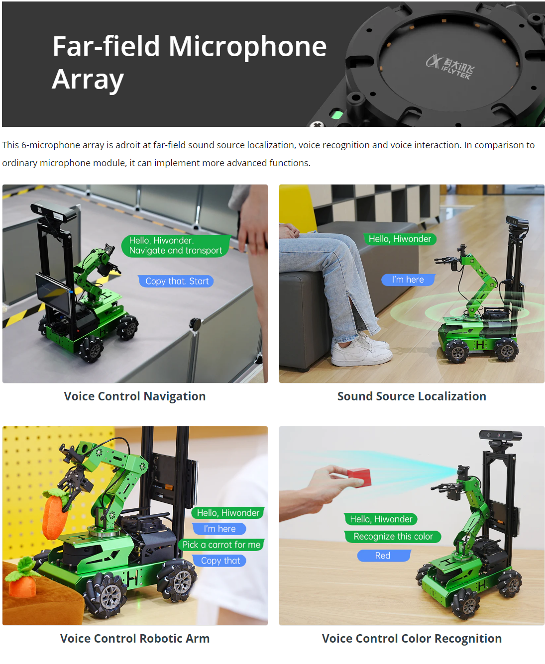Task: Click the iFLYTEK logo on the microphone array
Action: [450, 67]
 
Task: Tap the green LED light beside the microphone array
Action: [337, 114]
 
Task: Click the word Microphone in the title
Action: [247, 46]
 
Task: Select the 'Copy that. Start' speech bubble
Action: [176, 281]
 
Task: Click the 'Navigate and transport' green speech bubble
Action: [176, 246]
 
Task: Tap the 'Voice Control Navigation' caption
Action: [135, 396]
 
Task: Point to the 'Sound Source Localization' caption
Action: [412, 396]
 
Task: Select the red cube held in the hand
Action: [359, 477]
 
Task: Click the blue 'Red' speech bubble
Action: [384, 556]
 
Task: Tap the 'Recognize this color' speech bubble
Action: [393, 536]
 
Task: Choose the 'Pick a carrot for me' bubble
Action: [221, 544]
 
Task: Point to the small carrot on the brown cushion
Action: [21, 577]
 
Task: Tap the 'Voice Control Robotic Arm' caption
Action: [135, 638]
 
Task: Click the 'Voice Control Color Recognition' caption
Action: [412, 638]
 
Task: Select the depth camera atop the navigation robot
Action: [54, 210]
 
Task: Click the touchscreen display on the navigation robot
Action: [53, 293]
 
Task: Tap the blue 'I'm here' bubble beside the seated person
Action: [408, 280]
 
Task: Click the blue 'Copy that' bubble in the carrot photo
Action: [220, 561]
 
